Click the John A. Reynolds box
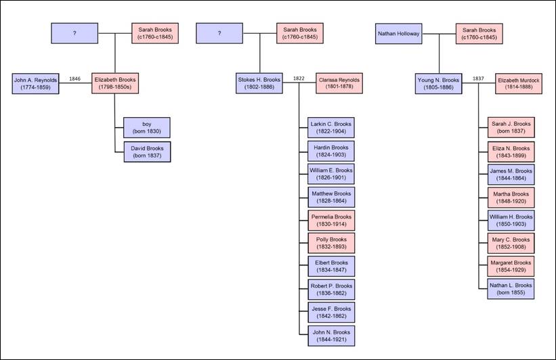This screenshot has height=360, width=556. point(35,84)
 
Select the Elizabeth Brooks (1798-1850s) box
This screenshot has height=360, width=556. point(115,83)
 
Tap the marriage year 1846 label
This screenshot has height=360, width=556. point(74,78)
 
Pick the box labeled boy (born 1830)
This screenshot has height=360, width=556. point(147,128)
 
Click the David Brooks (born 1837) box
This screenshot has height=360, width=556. point(147,152)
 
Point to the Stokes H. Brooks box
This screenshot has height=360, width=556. point(259,83)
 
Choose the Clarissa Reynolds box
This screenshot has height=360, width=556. point(339,83)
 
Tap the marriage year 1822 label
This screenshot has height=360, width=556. point(299,78)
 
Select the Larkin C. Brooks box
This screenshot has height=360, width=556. point(331,128)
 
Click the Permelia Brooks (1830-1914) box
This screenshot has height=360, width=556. point(331,221)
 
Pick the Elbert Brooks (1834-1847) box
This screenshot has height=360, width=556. point(331,266)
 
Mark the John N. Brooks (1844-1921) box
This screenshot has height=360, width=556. point(331,336)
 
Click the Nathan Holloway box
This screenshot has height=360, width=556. point(399,34)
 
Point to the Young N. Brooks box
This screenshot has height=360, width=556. point(438,84)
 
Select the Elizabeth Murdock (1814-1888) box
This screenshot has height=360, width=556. point(518,84)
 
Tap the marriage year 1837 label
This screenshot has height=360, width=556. point(478,78)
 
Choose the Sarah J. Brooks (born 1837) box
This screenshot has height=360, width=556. point(511,127)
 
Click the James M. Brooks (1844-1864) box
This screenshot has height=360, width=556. point(511,175)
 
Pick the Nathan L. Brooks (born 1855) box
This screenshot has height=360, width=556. point(511,289)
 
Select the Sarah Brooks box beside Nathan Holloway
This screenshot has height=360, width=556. point(479,34)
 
